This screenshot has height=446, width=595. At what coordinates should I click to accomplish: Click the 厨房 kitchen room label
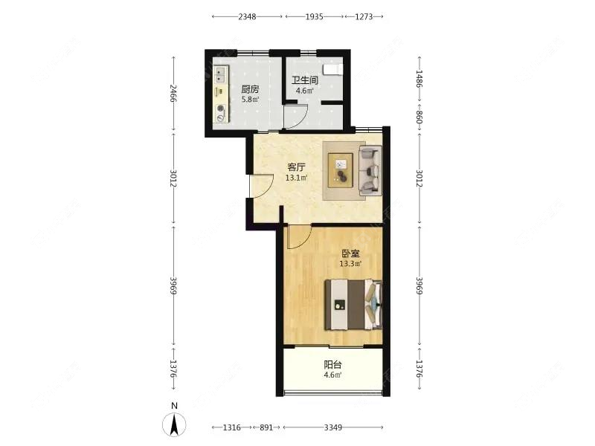249,89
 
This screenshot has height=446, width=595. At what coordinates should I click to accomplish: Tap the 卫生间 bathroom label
305,81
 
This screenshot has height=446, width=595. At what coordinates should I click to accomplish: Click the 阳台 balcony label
332,365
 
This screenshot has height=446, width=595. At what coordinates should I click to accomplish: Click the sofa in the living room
370,171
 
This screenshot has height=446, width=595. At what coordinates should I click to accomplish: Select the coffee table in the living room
341,170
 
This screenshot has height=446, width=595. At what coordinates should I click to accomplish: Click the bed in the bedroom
353,305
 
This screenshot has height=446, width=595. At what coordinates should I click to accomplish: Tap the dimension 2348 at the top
248,16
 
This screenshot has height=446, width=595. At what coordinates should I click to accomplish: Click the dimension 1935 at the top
314,16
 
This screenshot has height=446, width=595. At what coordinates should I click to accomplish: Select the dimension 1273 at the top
364,16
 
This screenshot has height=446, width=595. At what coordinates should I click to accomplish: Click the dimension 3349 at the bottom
332,427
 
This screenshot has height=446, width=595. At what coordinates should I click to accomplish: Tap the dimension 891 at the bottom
266,427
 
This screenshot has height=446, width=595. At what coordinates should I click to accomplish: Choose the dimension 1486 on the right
419,80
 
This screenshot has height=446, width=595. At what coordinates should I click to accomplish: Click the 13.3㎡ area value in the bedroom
350,263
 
